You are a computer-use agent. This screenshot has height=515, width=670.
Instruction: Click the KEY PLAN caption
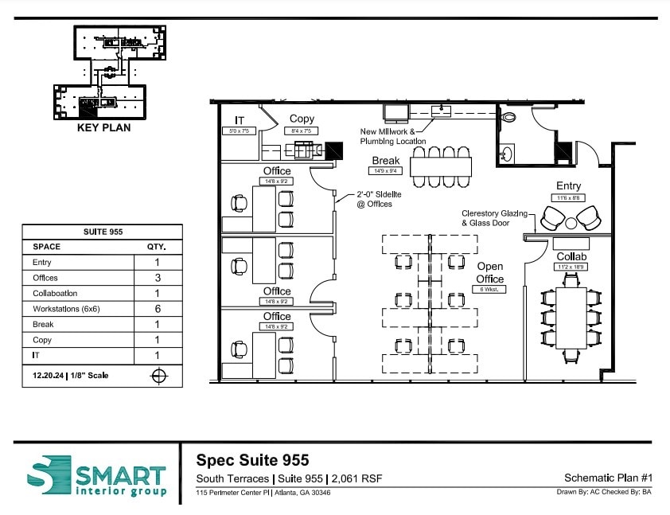pyautogui.click(x=103, y=127)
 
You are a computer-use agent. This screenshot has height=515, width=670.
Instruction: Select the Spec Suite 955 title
pyautogui.click(x=252, y=460)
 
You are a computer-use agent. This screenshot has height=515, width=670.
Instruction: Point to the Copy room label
pyautogui.click(x=302, y=119)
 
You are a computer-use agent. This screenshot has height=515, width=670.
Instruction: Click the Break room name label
pyautogui.click(x=386, y=161)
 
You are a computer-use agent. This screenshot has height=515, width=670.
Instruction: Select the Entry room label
pyautogui.click(x=568, y=185)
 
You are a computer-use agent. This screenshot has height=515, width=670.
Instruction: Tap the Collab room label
pyautogui.click(x=571, y=256)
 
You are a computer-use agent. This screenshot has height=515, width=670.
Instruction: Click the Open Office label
pyautogui.click(x=490, y=273)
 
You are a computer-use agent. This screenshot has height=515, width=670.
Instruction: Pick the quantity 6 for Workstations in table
pyautogui.click(x=157, y=309)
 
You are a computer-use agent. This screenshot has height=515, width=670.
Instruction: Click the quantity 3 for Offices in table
pyautogui.click(x=157, y=278)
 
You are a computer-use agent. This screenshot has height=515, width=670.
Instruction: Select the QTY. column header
pyautogui.click(x=157, y=247)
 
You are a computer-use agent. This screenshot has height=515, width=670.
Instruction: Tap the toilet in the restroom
pyautogui.click(x=508, y=116)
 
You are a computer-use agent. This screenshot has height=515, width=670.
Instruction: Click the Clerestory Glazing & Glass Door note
pyautogui.click(x=495, y=218)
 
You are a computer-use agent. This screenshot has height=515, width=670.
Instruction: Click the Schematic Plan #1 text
pyautogui.click(x=608, y=478)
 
